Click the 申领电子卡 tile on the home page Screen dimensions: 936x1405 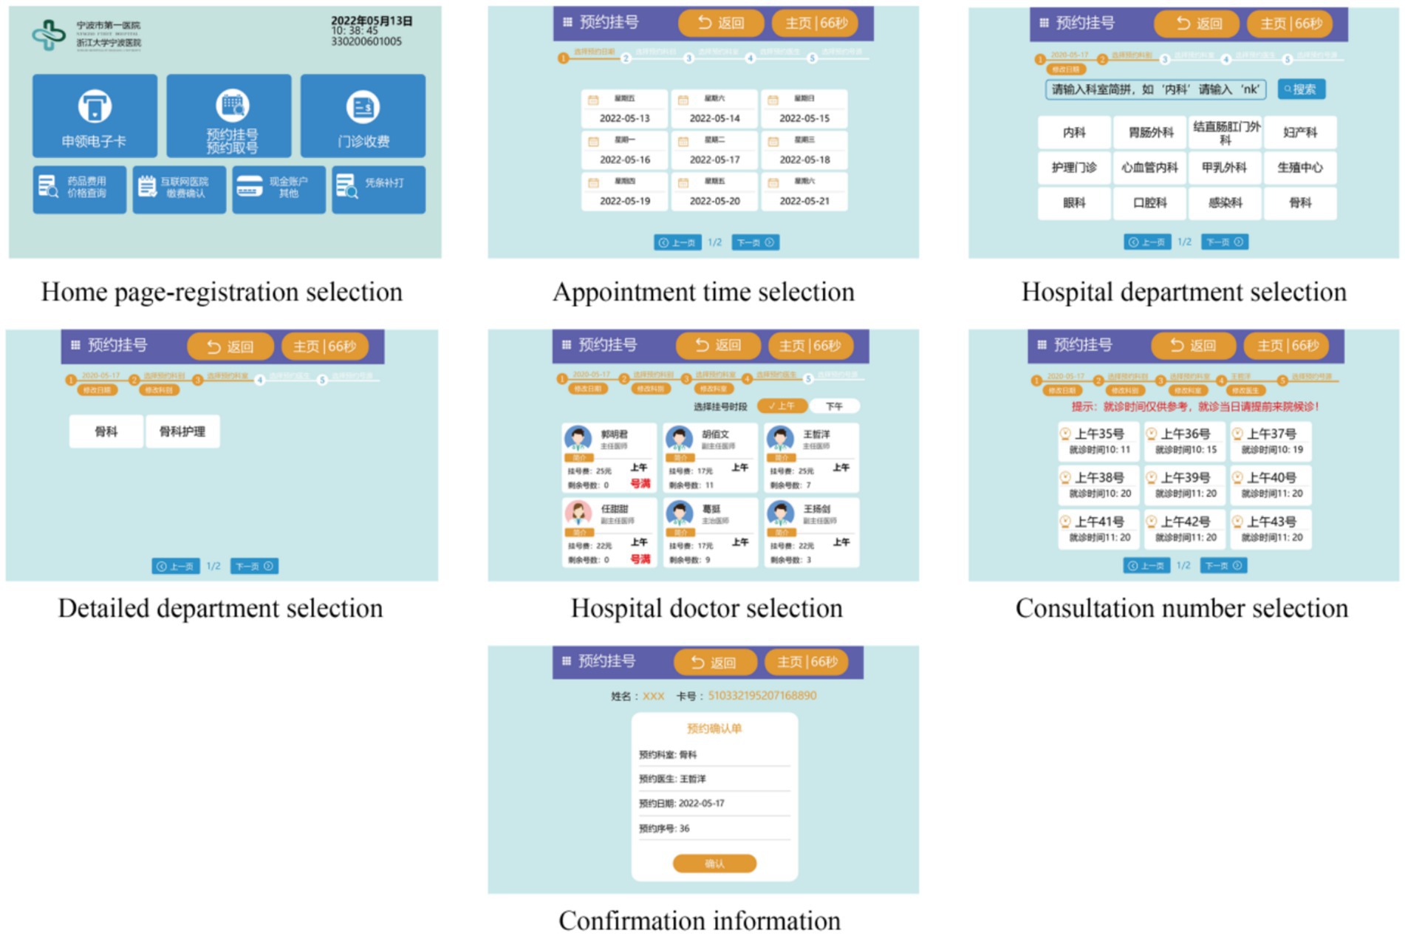tap(95, 116)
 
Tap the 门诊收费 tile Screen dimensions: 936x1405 tap(363, 116)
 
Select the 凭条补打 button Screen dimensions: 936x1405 tap(378, 190)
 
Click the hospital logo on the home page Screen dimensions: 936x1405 tap(49, 34)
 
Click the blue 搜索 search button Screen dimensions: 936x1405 tap(1301, 89)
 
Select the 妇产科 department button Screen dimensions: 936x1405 tap(1300, 132)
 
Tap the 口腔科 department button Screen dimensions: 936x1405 tap(1150, 203)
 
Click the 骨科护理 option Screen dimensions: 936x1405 tap(182, 431)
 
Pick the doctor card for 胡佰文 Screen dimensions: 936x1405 tap(710, 458)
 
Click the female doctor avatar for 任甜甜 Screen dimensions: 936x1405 tap(578, 513)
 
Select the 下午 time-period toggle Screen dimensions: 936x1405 tap(834, 406)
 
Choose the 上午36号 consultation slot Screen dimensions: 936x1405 tap(1185, 441)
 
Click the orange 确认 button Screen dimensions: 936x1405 tap(714, 863)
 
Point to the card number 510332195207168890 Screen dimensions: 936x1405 tap(762, 696)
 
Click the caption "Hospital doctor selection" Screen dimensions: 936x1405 tap(706, 609)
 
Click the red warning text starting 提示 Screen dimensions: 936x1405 tap(1194, 406)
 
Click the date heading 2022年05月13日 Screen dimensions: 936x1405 tap(371, 21)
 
